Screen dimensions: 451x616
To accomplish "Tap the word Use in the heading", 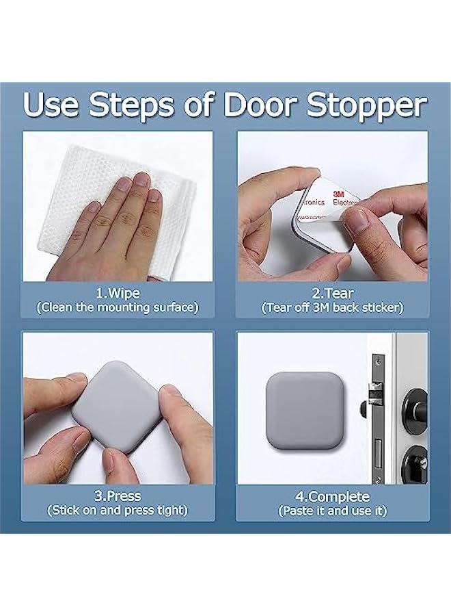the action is (51, 105).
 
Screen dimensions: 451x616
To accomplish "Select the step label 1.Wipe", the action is (118, 293).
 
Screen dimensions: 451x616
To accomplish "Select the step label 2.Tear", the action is (332, 293).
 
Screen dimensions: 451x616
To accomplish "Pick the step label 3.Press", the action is (118, 496).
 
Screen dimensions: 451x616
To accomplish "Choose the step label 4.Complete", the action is (332, 497).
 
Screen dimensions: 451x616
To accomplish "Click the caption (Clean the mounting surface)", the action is (118, 307).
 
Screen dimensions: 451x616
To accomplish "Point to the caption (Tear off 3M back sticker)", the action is (332, 307).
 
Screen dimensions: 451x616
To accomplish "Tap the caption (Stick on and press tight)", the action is (118, 511).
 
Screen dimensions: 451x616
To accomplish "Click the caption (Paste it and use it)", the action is (332, 511).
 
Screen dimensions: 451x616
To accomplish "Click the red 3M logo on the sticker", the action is (338, 194).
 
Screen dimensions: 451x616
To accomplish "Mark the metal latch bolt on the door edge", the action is (373, 394).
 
